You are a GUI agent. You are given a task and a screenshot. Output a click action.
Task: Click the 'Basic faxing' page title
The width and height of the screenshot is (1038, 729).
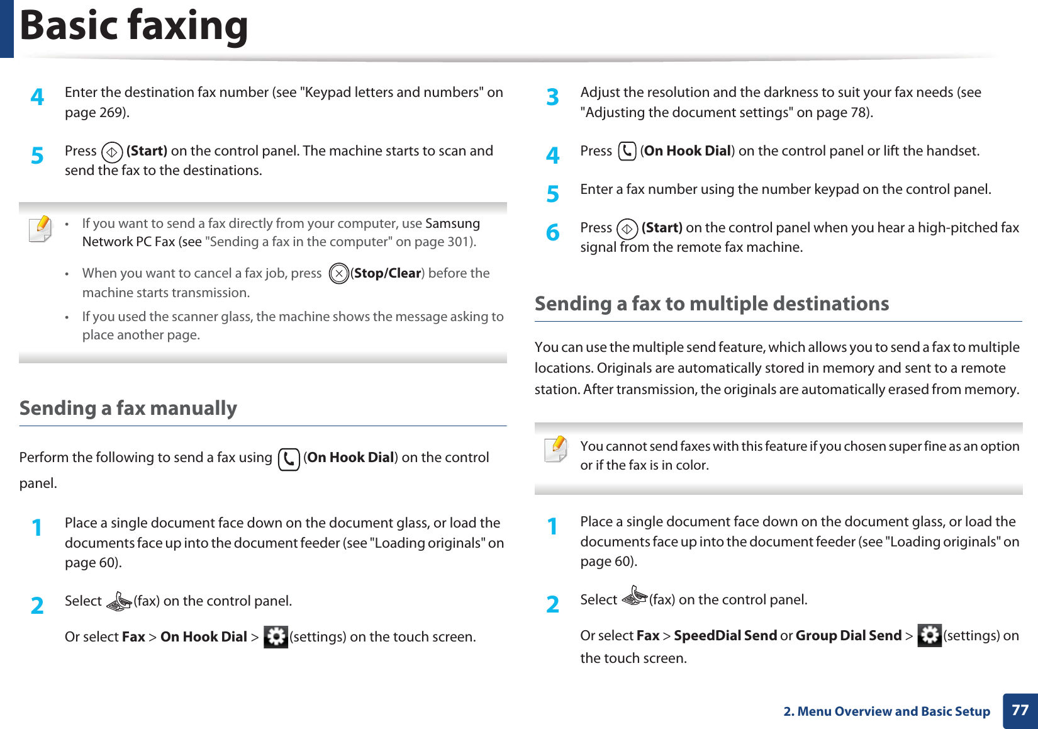pyautogui.click(x=134, y=26)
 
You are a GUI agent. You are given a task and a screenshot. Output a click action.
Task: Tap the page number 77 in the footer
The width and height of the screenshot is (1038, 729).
pyautogui.click(x=1020, y=710)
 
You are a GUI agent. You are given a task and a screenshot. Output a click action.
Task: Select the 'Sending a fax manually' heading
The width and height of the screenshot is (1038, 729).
pyautogui.click(x=128, y=408)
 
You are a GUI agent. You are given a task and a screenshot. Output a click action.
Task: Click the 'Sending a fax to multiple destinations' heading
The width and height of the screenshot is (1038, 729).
pyautogui.click(x=712, y=303)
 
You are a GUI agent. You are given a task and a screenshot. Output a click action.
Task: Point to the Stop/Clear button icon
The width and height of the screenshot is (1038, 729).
pyautogui.click(x=339, y=273)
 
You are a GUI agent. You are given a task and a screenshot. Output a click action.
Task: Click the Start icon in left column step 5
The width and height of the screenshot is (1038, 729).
pyautogui.click(x=112, y=152)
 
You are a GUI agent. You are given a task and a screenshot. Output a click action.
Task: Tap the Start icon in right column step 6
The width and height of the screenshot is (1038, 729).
pyautogui.click(x=627, y=229)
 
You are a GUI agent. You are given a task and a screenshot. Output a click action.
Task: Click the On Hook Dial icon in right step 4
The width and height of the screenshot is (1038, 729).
pyautogui.click(x=627, y=151)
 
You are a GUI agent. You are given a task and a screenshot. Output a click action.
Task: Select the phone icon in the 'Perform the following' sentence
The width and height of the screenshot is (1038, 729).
pyautogui.click(x=289, y=459)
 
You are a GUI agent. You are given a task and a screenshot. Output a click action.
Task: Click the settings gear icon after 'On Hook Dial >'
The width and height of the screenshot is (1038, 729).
pyautogui.click(x=276, y=637)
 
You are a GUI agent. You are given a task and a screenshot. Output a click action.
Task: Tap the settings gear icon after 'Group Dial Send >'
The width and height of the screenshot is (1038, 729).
pyautogui.click(x=929, y=635)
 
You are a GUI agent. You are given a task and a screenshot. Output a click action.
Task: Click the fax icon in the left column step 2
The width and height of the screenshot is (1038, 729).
pyautogui.click(x=118, y=602)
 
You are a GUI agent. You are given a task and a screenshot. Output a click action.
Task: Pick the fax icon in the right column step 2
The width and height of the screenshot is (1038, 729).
pyautogui.click(x=634, y=596)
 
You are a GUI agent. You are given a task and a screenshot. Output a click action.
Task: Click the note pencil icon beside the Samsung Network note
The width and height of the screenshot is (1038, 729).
pyautogui.click(x=41, y=228)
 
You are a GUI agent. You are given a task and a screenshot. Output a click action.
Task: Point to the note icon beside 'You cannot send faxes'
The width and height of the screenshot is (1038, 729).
pyautogui.click(x=556, y=449)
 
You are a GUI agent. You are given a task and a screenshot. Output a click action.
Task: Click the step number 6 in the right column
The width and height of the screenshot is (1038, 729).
pyautogui.click(x=552, y=232)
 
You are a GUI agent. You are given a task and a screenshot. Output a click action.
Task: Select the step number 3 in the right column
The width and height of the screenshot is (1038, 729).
pyautogui.click(x=552, y=97)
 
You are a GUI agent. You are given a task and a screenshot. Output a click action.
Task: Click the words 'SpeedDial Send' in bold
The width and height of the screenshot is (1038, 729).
pyautogui.click(x=725, y=636)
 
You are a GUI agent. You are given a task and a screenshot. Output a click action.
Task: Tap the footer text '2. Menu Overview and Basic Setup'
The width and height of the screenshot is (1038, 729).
pyautogui.click(x=886, y=711)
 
